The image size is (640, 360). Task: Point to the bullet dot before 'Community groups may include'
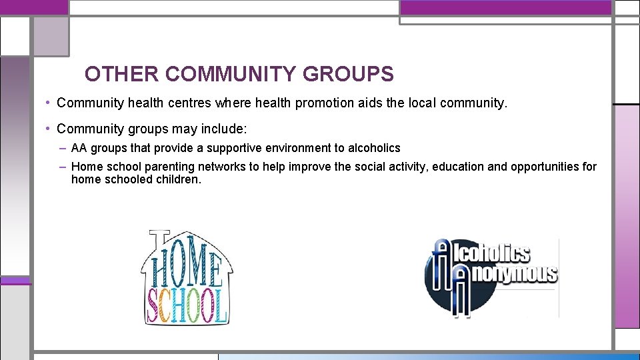(x=49, y=128)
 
